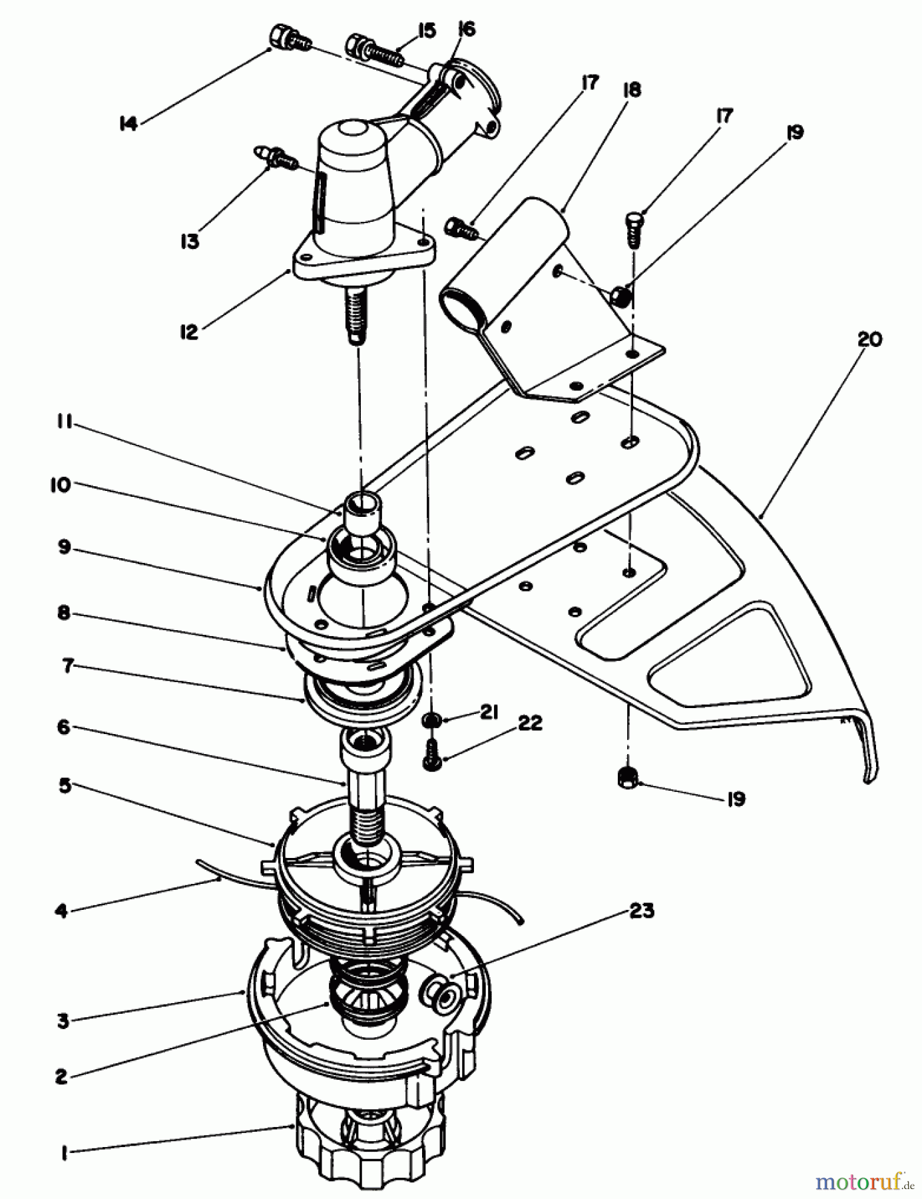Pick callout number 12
point(190,332)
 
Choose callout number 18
point(630,90)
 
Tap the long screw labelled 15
point(375,51)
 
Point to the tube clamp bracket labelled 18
point(553,300)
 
